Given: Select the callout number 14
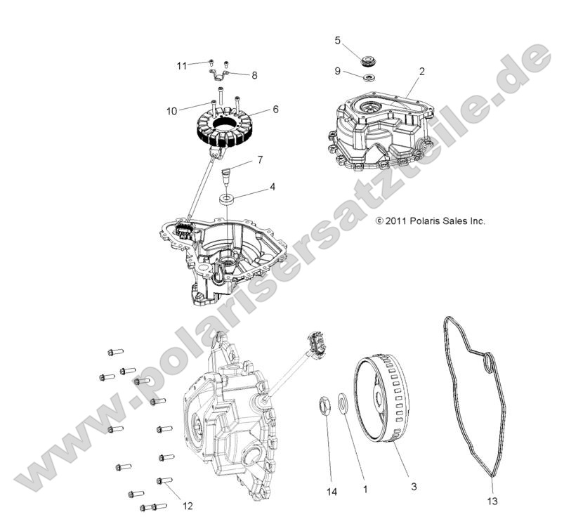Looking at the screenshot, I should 332,489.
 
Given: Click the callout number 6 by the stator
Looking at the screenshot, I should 275,110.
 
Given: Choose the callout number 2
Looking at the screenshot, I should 421,71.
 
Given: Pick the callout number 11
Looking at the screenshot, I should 182,66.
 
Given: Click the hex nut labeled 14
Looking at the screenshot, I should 327,406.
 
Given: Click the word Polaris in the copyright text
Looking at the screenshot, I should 426,221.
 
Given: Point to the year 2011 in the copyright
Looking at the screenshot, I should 396,221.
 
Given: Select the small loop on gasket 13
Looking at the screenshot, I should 488,364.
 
